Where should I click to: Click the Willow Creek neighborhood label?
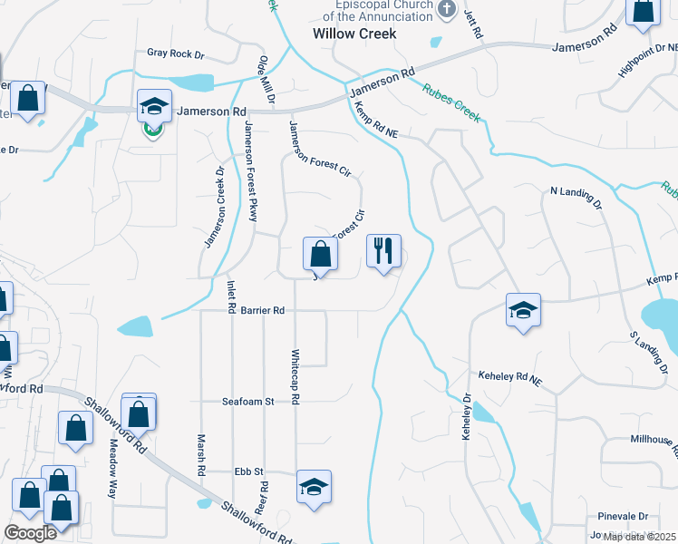click(x=354, y=34)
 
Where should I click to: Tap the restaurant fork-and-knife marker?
click(x=383, y=251)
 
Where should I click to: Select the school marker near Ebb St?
click(x=314, y=488)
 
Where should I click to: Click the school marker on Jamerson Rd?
click(x=154, y=107)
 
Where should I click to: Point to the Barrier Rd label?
click(x=263, y=311)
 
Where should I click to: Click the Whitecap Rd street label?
click(x=295, y=376)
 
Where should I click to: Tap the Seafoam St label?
click(x=248, y=402)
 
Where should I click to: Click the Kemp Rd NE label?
click(x=377, y=120)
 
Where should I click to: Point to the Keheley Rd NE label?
click(x=508, y=375)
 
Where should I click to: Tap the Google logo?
click(x=30, y=534)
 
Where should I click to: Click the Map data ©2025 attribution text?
click(x=639, y=537)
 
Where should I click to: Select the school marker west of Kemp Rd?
click(x=523, y=311)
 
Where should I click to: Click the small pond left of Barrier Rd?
click(x=134, y=325)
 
